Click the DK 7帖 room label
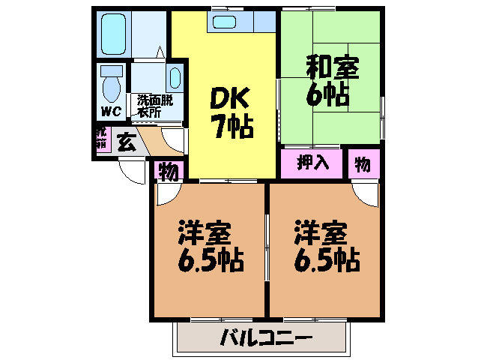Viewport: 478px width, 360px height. pyautogui.click(x=232, y=112)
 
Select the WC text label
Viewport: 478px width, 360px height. pyautogui.click(x=111, y=111)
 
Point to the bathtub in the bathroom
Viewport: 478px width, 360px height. pyautogui.click(x=113, y=34)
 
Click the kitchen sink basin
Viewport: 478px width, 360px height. pyautogui.click(x=224, y=22)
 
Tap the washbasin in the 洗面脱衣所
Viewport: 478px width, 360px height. pyautogui.click(x=175, y=78)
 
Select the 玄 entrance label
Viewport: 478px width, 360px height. pyautogui.click(x=126, y=142)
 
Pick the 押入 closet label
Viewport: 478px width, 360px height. pyautogui.click(x=312, y=162)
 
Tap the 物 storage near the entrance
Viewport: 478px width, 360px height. pyautogui.click(x=169, y=171)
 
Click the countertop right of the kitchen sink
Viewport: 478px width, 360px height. pyautogui.click(x=264, y=21)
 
